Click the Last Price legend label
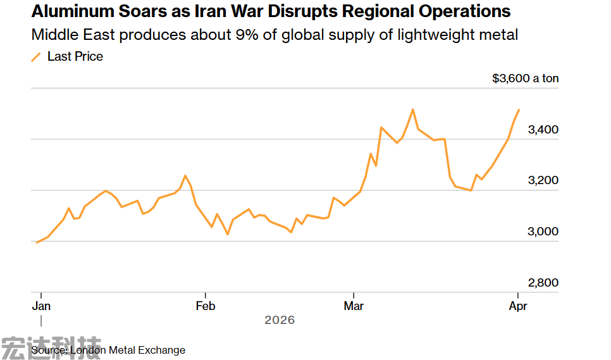click(75, 56)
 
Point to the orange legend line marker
click(36, 57)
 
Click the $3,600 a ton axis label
click(525, 78)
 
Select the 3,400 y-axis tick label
click(543, 130)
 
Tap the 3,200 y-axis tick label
click(543, 180)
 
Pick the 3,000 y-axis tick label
click(543, 232)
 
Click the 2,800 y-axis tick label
click(543, 283)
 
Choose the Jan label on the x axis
click(41, 306)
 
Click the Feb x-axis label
click(206, 306)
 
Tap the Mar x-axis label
click(354, 306)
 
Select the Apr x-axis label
click(518, 306)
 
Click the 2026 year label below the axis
click(280, 320)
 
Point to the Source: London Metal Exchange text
click(108, 350)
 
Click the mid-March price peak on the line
click(412, 109)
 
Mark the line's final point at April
click(519, 110)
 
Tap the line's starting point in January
click(37, 242)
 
